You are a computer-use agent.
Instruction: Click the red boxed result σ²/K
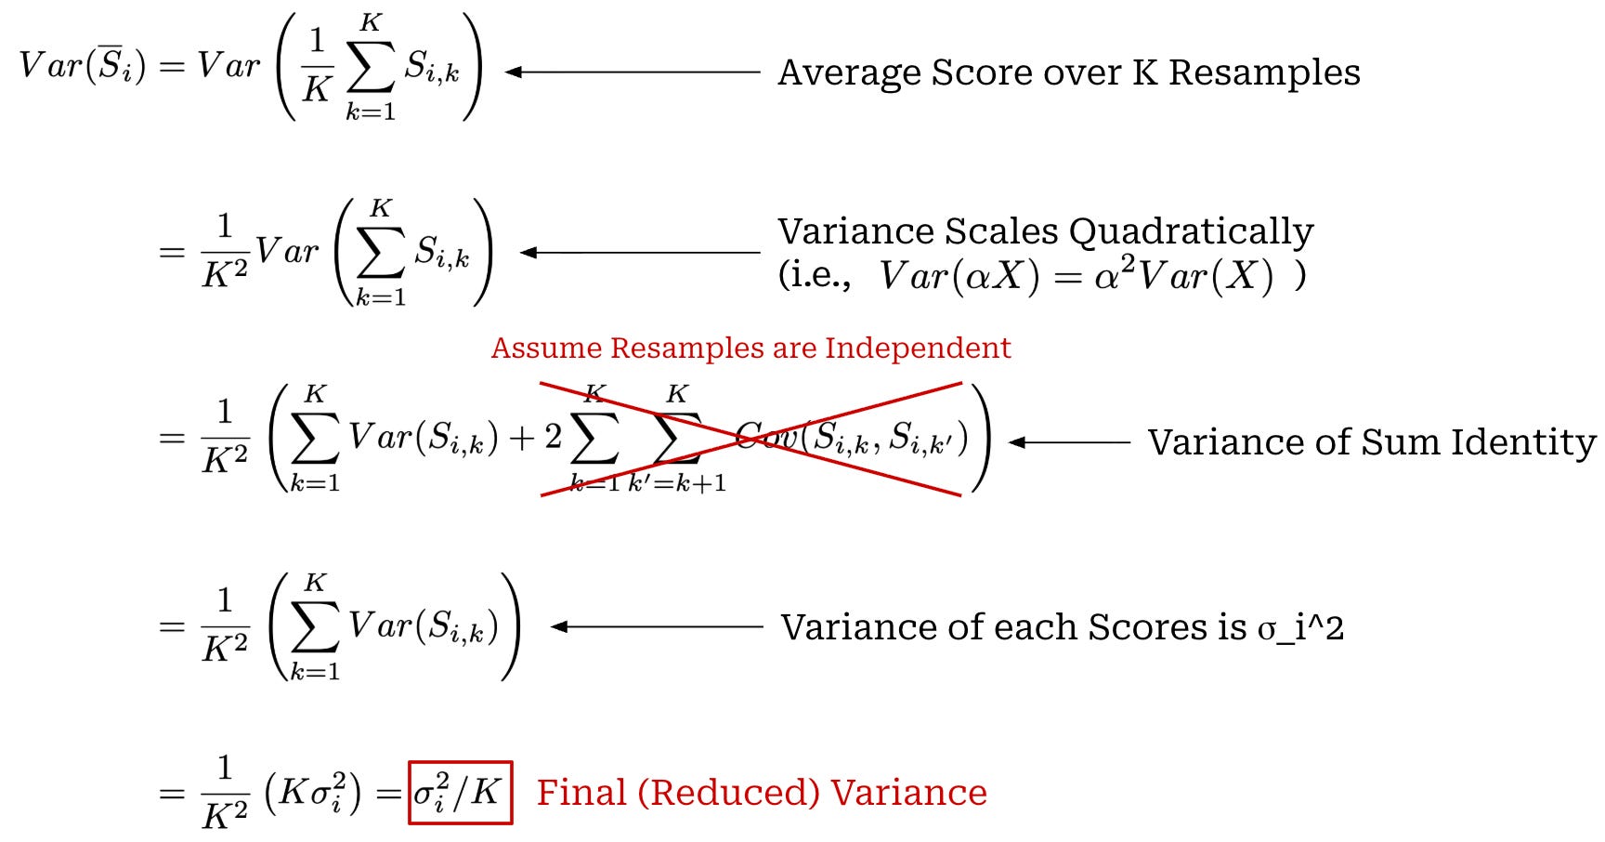tap(460, 793)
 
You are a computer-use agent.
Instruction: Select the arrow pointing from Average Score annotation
tap(632, 72)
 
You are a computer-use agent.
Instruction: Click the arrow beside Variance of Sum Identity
tap(1069, 442)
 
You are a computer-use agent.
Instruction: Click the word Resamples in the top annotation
tap(1263, 72)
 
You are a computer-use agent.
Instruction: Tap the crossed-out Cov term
tap(850, 437)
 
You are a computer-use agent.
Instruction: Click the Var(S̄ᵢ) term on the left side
tap(82, 66)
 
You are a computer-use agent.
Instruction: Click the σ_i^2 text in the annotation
tap(1300, 628)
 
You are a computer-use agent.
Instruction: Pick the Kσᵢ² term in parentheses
tap(312, 793)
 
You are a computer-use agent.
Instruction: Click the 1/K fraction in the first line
tap(317, 66)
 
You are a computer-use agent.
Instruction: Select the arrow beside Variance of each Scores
tap(656, 627)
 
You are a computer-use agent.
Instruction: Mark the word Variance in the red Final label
tap(908, 793)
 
